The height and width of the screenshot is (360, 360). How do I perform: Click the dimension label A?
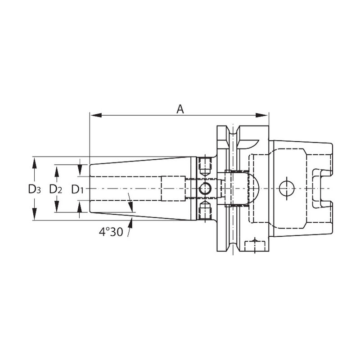(x=180, y=109)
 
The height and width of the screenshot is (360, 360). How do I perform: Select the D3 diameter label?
(x=35, y=189)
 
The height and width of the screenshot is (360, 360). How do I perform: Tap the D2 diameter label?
(x=55, y=189)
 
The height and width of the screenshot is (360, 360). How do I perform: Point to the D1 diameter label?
(x=77, y=189)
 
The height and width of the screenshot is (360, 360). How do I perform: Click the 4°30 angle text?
(x=111, y=232)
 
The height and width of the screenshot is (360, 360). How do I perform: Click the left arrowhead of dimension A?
(x=96, y=115)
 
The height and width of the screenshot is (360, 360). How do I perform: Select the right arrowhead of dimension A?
(x=262, y=115)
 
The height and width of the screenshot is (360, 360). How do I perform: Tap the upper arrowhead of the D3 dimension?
(x=35, y=163)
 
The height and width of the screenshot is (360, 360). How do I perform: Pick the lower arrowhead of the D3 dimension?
(x=35, y=214)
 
